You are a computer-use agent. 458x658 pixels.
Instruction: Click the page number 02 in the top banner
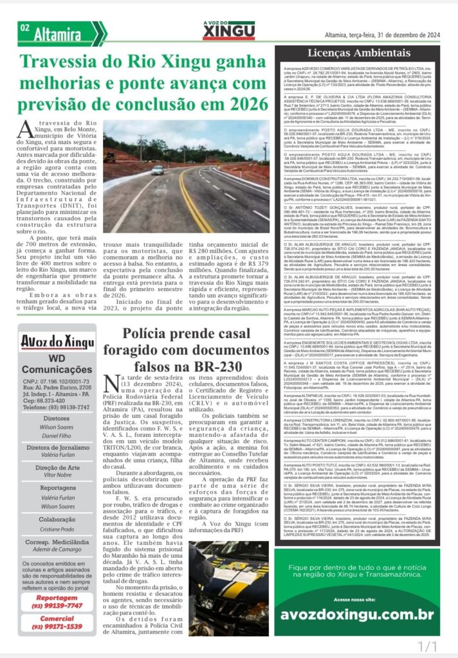(x=25, y=28)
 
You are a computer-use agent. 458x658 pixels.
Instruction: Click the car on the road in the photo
(x=158, y=170)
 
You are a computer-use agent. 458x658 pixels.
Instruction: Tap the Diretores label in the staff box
(x=57, y=417)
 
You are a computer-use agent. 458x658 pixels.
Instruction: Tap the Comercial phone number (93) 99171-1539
(x=57, y=627)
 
